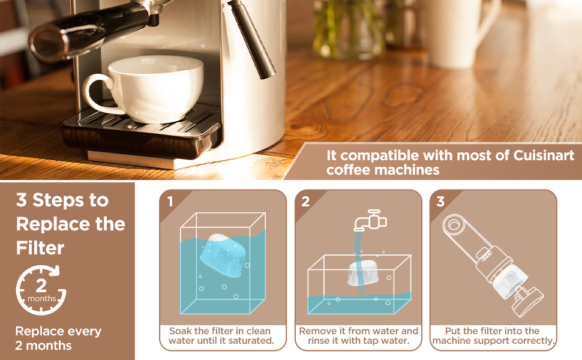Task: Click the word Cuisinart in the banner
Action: [544, 155]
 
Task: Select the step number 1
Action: [170, 202]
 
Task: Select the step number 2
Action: [305, 202]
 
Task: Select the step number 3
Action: [440, 202]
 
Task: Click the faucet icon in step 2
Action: [370, 220]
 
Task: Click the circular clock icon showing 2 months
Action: [41, 289]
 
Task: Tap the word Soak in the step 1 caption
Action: [181, 331]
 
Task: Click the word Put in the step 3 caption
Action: [454, 331]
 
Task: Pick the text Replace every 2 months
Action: [58, 338]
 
